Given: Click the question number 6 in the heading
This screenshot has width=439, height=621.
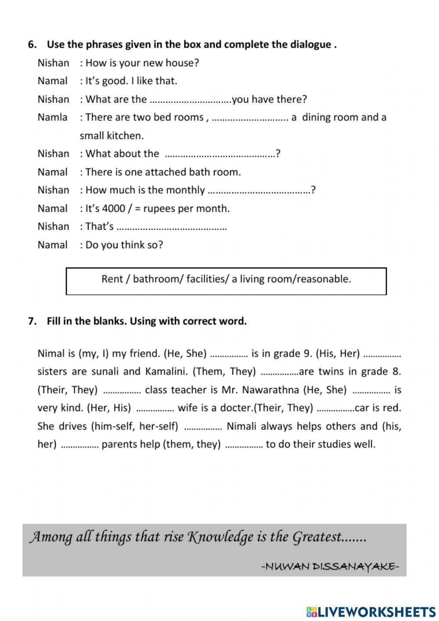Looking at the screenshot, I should tap(31, 44).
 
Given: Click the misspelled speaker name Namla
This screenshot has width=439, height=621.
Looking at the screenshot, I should tap(52, 117).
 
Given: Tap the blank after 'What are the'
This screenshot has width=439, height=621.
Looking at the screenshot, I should tap(190, 100).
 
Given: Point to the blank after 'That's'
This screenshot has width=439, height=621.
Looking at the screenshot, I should tap(172, 227).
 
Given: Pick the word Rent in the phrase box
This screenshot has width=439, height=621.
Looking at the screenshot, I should tap(112, 279).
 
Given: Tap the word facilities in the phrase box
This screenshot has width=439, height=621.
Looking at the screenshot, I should tap(205, 279).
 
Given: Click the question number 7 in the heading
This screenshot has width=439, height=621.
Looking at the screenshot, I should tap(31, 321).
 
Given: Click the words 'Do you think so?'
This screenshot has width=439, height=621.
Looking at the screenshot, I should tap(124, 245).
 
